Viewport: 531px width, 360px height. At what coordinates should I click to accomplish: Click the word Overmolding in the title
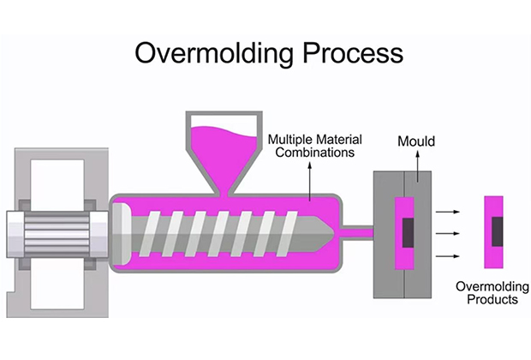pyautogui.click(x=214, y=53)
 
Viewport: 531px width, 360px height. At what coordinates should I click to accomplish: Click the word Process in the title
pyautogui.click(x=353, y=52)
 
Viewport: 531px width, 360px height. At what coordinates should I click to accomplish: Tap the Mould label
pyautogui.click(x=416, y=141)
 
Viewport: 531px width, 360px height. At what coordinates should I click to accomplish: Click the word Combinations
pyautogui.click(x=315, y=153)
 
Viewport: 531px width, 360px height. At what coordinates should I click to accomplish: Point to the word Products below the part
pyautogui.click(x=492, y=299)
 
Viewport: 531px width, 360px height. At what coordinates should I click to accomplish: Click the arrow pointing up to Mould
pyautogui.click(x=418, y=167)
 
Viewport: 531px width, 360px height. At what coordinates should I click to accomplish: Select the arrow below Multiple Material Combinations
pyautogui.click(x=309, y=181)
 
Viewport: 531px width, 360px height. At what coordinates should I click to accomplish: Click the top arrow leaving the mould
pyautogui.click(x=447, y=212)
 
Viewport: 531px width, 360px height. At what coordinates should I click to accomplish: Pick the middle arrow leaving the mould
pyautogui.click(x=447, y=233)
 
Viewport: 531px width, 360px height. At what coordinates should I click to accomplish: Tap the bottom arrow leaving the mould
pyautogui.click(x=447, y=256)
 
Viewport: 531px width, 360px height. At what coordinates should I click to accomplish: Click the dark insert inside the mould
pyautogui.click(x=408, y=232)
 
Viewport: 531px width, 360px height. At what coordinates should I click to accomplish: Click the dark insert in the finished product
pyautogui.click(x=497, y=231)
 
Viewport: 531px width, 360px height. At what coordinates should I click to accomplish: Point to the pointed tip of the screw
pyautogui.click(x=333, y=233)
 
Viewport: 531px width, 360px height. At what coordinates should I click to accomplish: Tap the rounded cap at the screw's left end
pyautogui.click(x=122, y=234)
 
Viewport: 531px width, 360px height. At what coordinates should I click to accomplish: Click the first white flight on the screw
pyautogui.click(x=151, y=233)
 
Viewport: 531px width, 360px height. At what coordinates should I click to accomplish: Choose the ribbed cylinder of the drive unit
pyautogui.click(x=57, y=234)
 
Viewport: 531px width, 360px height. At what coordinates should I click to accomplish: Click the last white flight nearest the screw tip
pyautogui.click(x=287, y=233)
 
